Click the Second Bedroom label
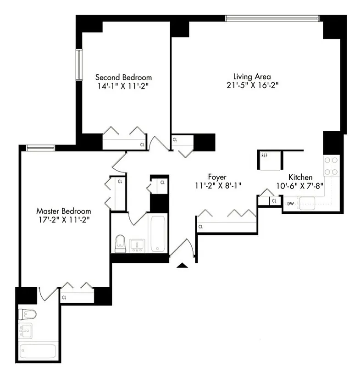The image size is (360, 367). (123, 78)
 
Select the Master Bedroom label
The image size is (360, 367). (63, 211)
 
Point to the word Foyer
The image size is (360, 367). (217, 177)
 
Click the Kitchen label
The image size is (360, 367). (300, 177)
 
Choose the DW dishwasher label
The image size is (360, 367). (290, 203)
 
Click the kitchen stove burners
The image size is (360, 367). (331, 166)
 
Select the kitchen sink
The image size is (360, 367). (306, 202)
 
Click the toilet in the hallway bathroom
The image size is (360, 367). (121, 243)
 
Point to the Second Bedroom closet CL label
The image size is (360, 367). (142, 145)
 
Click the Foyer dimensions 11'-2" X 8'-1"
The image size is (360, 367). (218, 185)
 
